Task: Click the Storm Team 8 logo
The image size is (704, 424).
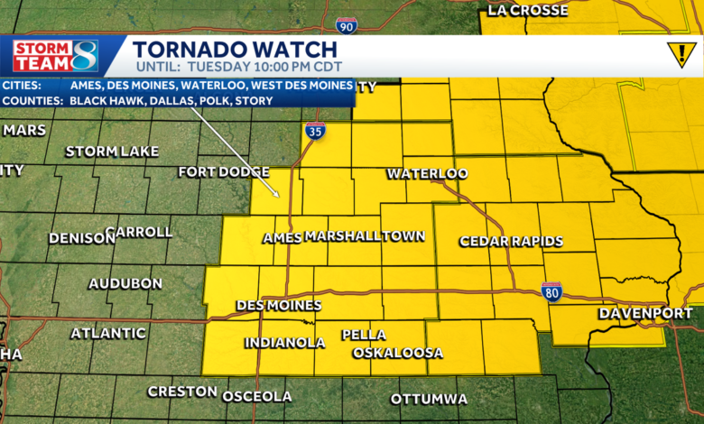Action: point(56,56)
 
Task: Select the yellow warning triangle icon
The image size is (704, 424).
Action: point(681,55)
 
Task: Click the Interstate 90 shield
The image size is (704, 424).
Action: point(347,25)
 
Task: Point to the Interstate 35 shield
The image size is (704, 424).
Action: point(315,131)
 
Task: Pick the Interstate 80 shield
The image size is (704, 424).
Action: point(552,291)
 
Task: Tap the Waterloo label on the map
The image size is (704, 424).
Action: point(427,173)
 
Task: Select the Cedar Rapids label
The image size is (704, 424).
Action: point(511,242)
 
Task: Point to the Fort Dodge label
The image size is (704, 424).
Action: point(223,171)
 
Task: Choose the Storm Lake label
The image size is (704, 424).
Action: point(112,151)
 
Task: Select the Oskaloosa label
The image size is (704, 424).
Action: point(398,353)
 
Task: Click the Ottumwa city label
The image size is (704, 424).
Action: point(429,399)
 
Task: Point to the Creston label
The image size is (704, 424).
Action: point(182,392)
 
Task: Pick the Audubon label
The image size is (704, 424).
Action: point(125,283)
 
